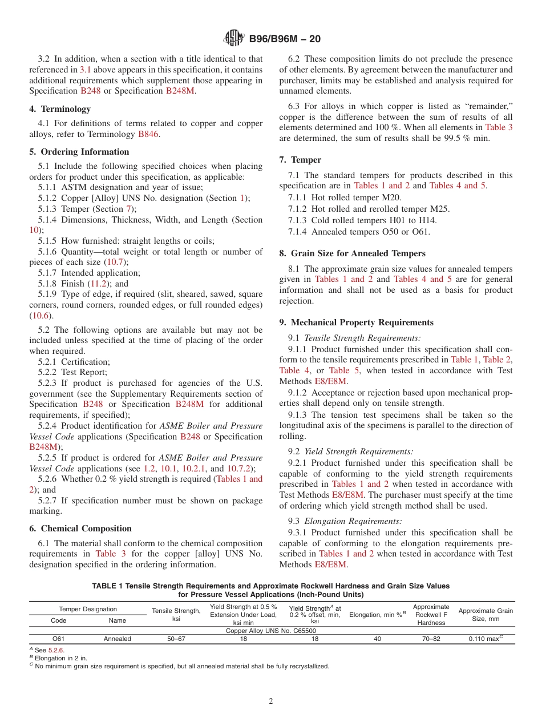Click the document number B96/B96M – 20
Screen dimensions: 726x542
(x=285, y=39)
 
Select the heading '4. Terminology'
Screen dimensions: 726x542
(x=60, y=109)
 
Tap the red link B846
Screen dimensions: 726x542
(x=148, y=134)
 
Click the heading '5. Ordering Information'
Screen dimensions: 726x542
(x=79, y=152)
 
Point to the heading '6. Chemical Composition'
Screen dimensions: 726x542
(x=80, y=529)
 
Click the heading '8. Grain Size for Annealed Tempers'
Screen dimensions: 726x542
(x=352, y=253)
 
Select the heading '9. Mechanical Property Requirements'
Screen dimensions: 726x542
(x=356, y=322)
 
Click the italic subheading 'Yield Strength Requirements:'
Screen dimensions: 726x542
(x=359, y=451)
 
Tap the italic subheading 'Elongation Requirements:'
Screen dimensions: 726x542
(x=353, y=521)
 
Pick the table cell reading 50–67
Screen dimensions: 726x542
(x=176, y=639)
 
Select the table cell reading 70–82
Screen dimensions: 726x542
(x=431, y=639)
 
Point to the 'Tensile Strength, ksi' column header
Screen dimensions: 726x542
(x=176, y=615)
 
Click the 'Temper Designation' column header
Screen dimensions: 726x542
(x=88, y=609)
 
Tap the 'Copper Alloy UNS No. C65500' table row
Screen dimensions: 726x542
(x=271, y=631)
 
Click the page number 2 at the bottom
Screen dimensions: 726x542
(x=271, y=701)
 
